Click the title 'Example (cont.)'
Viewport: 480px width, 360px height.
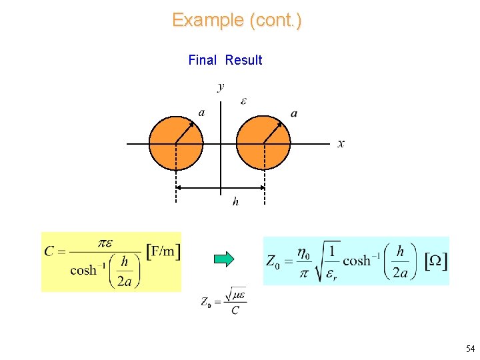[x=237, y=20]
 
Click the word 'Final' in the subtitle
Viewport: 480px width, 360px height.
[x=202, y=60]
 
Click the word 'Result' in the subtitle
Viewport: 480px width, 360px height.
[x=243, y=60]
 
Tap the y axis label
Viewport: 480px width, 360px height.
[x=221, y=86]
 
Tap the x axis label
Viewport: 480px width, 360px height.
[x=341, y=143]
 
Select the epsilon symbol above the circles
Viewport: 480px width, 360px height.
[x=243, y=101]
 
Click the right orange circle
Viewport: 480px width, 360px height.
[x=264, y=143]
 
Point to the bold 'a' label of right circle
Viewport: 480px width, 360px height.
[x=294, y=113]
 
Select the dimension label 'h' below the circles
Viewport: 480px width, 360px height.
[x=235, y=201]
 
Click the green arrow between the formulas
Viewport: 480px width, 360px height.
[x=225, y=259]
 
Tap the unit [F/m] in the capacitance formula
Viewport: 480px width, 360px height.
[x=163, y=251]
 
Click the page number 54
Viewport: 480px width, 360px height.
[x=470, y=349]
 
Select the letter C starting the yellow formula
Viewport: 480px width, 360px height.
[x=49, y=251]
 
